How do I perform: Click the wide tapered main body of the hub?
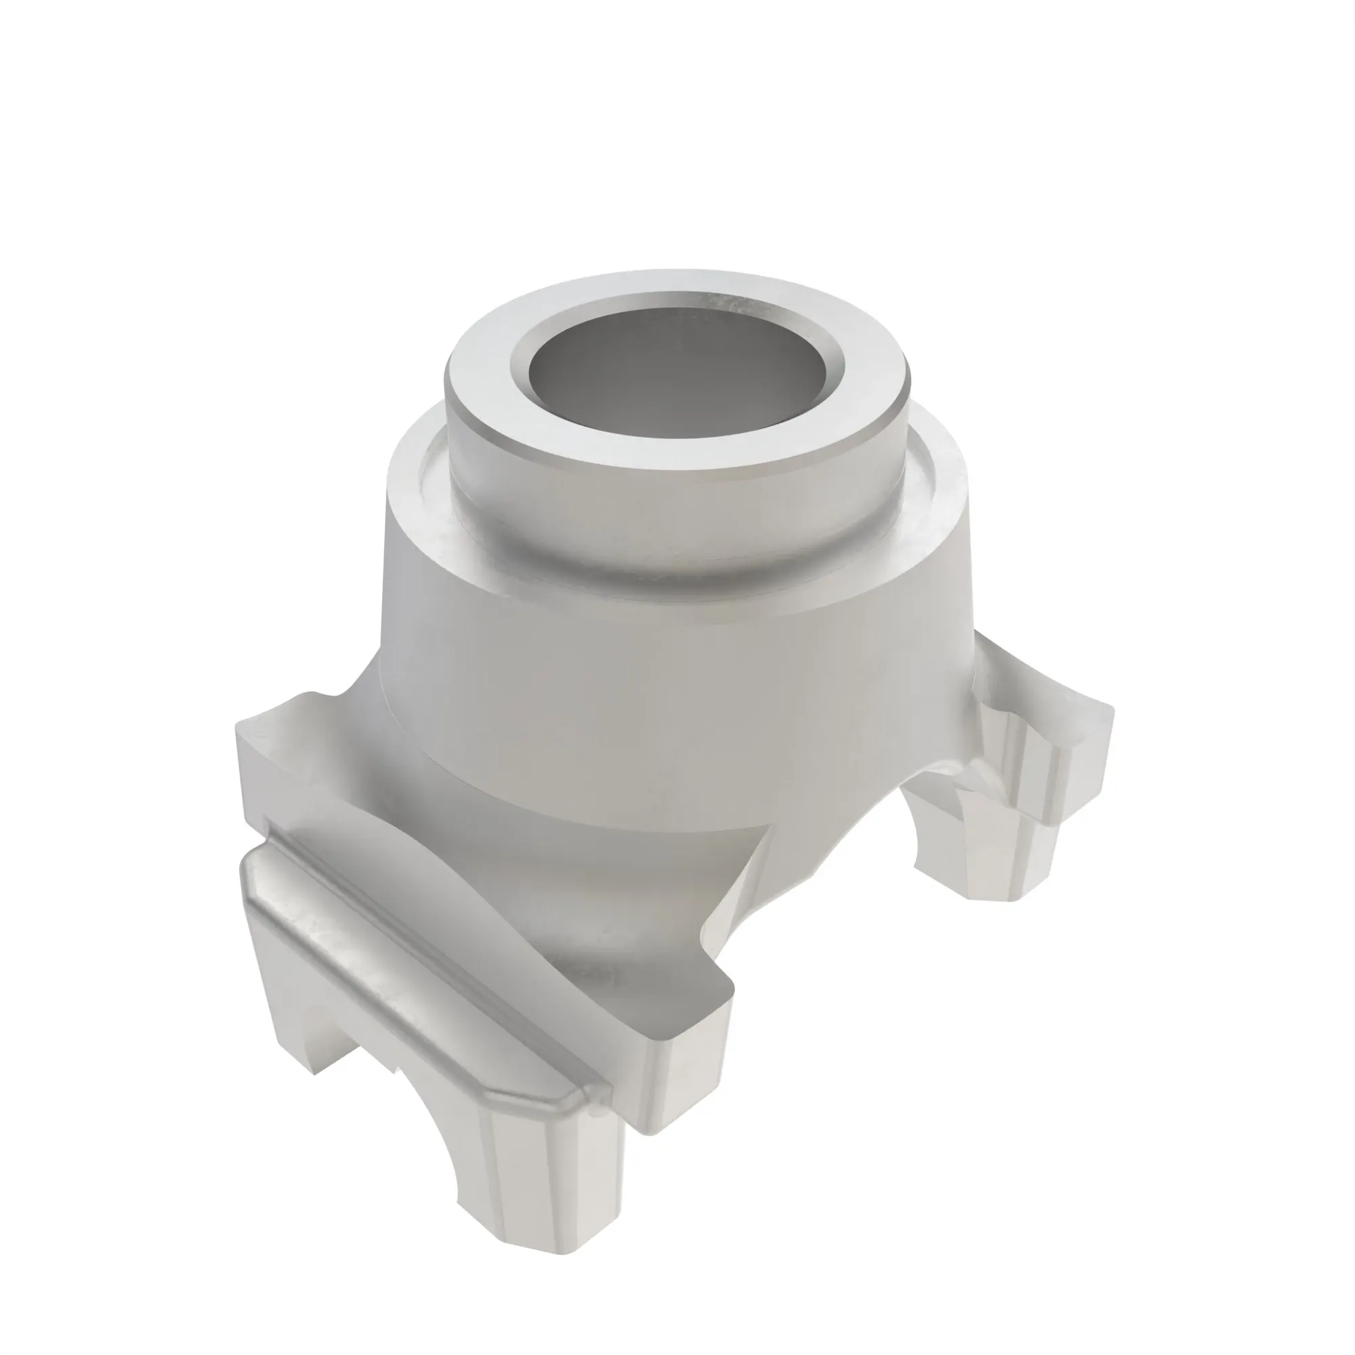click(x=631, y=666)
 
